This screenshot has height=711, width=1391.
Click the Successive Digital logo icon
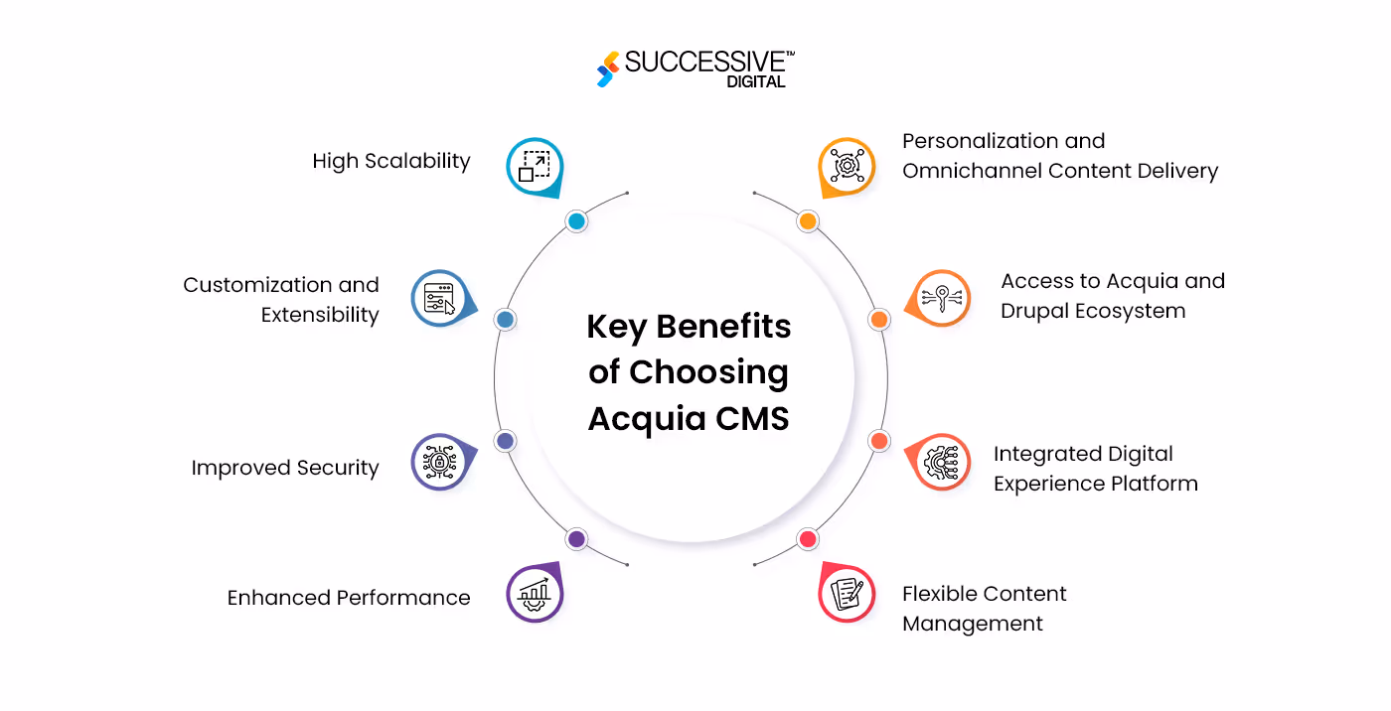tap(607, 70)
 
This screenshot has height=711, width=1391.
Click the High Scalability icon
tap(535, 165)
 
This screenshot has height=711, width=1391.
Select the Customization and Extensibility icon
tap(439, 298)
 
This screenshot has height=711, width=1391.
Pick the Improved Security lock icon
tap(439, 462)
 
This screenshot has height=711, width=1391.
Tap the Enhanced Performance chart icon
tap(535, 593)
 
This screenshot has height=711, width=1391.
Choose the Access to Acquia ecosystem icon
tap(941, 298)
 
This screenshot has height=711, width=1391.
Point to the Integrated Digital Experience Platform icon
tap(941, 462)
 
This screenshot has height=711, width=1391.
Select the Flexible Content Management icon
tap(847, 593)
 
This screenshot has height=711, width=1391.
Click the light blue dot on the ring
tap(576, 221)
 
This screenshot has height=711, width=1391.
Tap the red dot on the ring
tap(808, 539)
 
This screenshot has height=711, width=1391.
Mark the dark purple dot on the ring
tap(576, 539)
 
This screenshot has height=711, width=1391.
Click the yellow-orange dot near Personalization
tap(808, 221)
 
